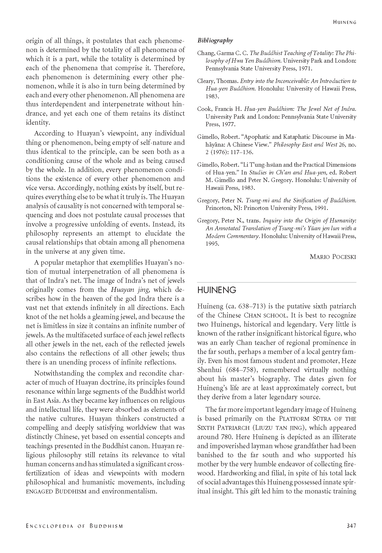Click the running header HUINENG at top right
click(344, 22)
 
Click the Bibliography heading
click(215, 40)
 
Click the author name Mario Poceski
click(333, 257)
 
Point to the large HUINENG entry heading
click(217, 290)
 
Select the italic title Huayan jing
click(131, 290)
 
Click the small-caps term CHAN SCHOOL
click(266, 315)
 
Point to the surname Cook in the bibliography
click(203, 109)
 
